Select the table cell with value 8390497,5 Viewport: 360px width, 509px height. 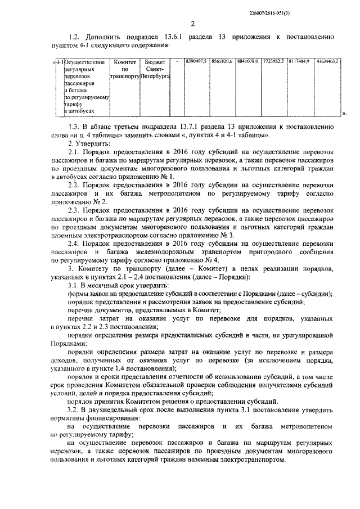coord(196,60)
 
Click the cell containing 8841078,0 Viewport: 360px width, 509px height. coord(247,60)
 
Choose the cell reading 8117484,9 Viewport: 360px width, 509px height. coord(299,60)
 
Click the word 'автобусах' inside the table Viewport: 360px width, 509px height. coord(80,112)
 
